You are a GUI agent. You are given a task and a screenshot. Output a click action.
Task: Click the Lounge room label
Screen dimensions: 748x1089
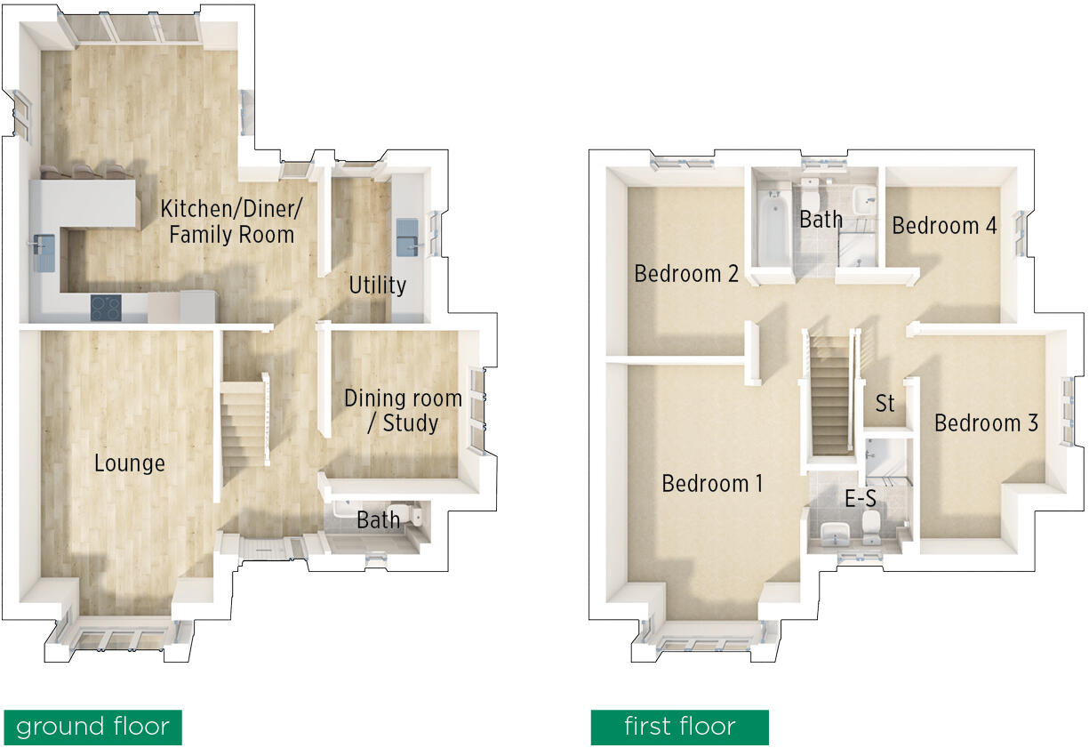click(x=130, y=463)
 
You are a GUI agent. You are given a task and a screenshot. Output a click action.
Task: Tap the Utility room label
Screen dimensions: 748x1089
click(x=377, y=286)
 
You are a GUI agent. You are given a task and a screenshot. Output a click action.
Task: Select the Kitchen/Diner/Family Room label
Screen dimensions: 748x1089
click(x=231, y=221)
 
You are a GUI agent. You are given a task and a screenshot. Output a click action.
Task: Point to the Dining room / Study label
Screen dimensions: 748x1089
click(x=403, y=410)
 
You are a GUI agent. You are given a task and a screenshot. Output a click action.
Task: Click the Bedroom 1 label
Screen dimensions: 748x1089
click(x=712, y=484)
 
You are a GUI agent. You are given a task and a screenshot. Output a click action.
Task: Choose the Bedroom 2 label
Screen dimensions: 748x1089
click(x=686, y=273)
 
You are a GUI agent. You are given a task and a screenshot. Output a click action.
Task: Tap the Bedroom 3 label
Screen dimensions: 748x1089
click(x=986, y=423)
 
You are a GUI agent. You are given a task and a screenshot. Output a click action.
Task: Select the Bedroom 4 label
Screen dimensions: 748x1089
click(x=944, y=226)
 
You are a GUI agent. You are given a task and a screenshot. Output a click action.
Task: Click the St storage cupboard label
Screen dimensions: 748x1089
click(x=885, y=404)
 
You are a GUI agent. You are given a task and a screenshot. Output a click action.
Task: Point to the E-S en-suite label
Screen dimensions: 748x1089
click(x=861, y=500)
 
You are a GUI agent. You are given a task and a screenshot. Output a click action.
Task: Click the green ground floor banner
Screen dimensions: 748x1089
click(x=92, y=727)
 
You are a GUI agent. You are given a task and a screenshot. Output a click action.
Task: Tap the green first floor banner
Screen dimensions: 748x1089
click(x=679, y=727)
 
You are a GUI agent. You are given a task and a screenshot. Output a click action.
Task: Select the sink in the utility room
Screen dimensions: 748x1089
click(x=409, y=234)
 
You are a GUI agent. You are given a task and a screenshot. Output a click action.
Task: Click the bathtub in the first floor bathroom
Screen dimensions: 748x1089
click(x=773, y=227)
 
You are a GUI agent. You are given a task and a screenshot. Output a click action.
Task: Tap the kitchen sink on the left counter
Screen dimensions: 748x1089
click(x=44, y=252)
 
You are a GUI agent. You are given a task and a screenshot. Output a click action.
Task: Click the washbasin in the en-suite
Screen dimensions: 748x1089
click(x=833, y=535)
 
